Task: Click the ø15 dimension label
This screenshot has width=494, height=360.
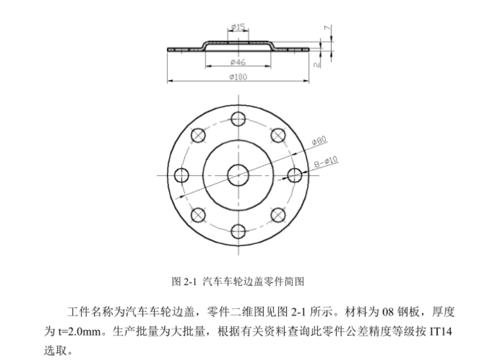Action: [x=237, y=26]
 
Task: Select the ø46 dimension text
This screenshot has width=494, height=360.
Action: [x=238, y=62]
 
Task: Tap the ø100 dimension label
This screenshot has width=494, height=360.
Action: [x=239, y=77]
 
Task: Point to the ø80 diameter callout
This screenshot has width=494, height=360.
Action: [x=319, y=141]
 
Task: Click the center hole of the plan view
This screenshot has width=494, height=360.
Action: [x=238, y=175]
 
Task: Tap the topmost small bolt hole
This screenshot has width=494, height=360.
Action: [x=238, y=118]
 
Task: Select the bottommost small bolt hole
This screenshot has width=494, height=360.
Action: [x=238, y=232]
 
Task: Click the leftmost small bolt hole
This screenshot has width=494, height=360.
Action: [x=181, y=175]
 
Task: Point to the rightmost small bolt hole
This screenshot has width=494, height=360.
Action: [x=295, y=175]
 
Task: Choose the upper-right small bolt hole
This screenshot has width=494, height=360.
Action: [x=278, y=135]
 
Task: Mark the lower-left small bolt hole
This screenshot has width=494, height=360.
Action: [x=197, y=215]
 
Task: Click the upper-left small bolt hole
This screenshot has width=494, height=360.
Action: [x=197, y=135]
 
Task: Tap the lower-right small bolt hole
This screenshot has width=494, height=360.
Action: [x=278, y=215]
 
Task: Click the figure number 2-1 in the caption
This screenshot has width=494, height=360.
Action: [x=190, y=282]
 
